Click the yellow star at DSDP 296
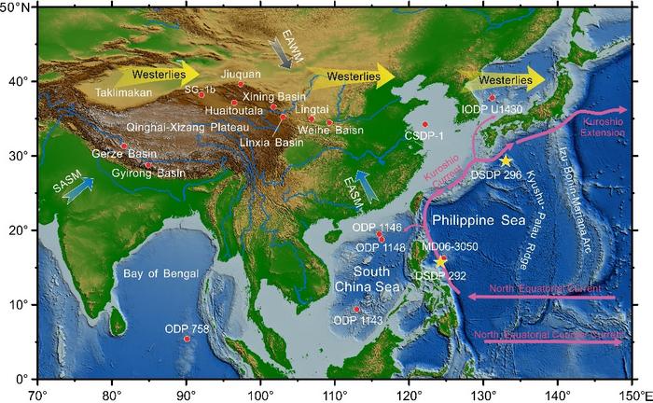pos(506,160)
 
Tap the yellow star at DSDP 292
pos(440,260)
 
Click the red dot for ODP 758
pos(187,339)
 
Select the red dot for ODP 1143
pos(356,309)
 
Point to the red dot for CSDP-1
pos(424,124)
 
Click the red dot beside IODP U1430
pos(493,97)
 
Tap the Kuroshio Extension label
pos(599,129)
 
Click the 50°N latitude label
pos(17,7)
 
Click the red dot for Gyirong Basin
pos(147,165)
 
